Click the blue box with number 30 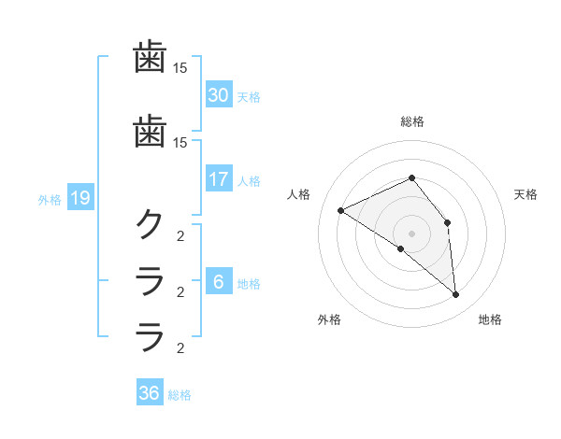coord(219,94)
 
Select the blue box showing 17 coord(219,178)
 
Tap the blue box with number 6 coord(219,281)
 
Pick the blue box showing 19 coord(79,197)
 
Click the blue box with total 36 coord(150,393)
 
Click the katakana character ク coord(150,224)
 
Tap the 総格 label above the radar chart coord(412,121)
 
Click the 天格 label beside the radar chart coord(525,194)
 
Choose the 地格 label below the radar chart coord(490,319)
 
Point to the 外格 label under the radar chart coord(329,319)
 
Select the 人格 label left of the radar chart coord(299,194)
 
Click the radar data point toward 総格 coord(412,178)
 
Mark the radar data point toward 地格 coord(456,295)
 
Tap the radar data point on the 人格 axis coord(341,210)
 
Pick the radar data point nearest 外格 coord(400,249)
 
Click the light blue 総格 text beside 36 coord(180,395)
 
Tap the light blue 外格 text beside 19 coord(50,199)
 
